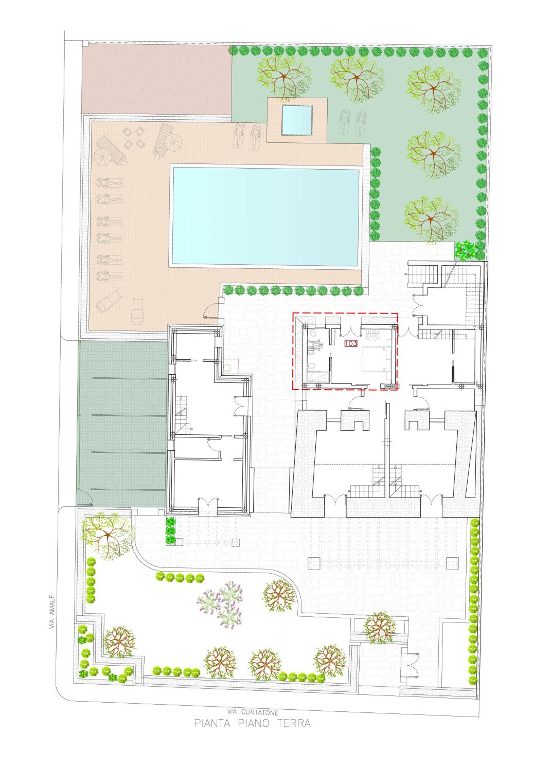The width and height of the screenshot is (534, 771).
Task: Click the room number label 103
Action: tap(351, 344)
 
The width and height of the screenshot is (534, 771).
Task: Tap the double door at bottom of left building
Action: tap(208, 504)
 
